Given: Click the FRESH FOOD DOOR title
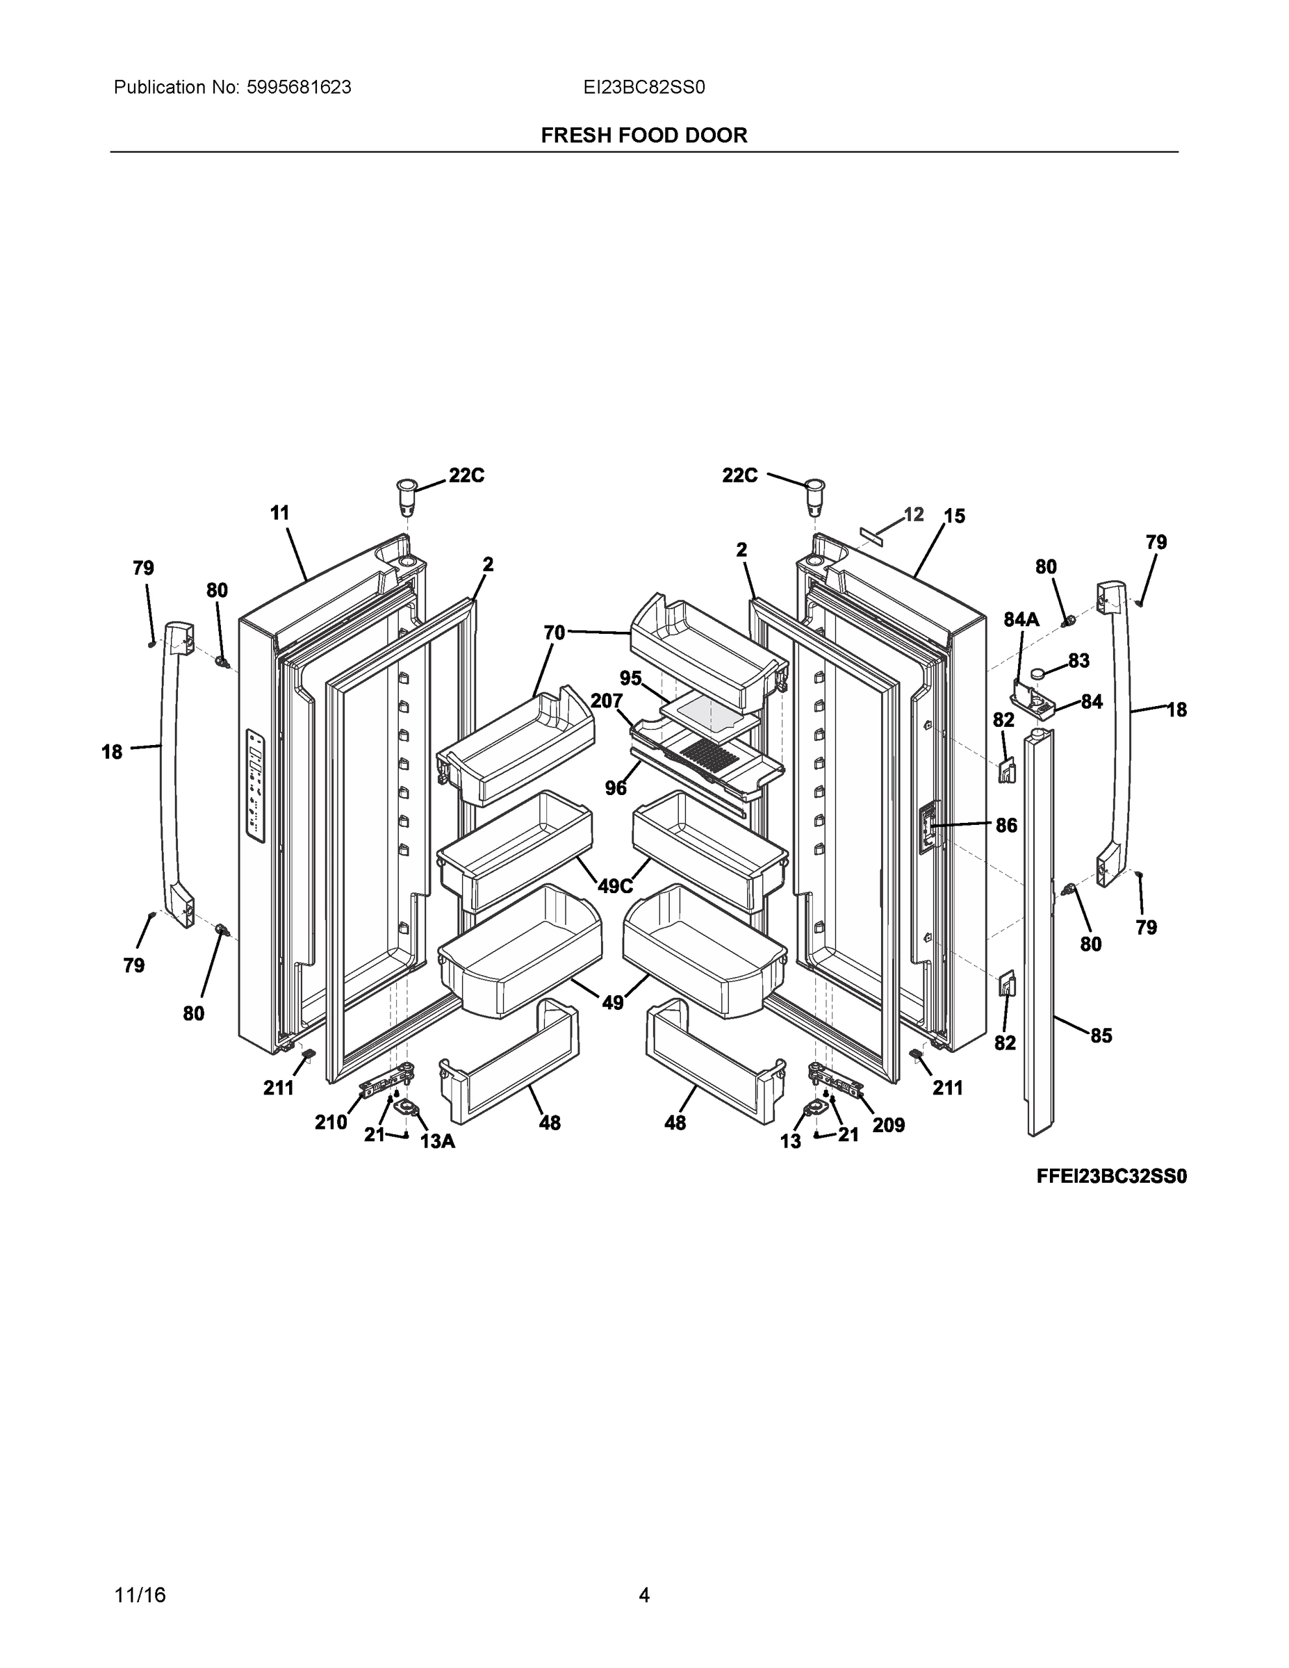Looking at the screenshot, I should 643,136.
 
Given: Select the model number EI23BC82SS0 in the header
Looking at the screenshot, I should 643,88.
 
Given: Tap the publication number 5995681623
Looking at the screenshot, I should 299,88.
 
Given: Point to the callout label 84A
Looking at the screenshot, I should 1021,620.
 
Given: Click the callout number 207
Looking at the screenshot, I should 607,701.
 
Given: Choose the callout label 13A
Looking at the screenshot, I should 438,1141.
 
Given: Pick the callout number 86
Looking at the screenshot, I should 1006,825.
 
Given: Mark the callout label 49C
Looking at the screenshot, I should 615,886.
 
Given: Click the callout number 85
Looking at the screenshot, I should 1101,1036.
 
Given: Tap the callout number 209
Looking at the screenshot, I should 888,1125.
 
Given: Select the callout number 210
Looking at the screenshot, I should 331,1122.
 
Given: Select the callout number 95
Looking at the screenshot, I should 631,678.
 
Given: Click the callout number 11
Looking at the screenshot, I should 280,513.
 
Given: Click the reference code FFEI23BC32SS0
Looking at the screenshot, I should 1111,1176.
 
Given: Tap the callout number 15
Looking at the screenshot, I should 954,516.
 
